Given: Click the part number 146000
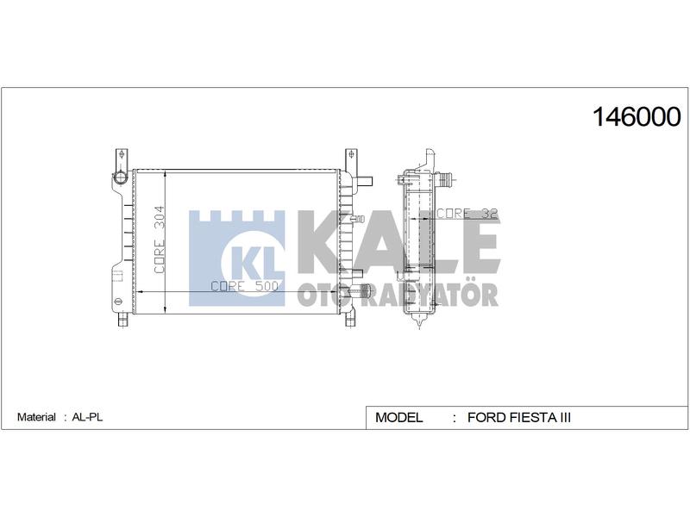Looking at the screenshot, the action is [637, 117].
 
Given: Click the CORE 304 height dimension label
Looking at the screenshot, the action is [160, 240].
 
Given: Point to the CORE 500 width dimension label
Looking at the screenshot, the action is [245, 286].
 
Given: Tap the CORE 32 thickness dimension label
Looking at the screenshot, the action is [467, 213].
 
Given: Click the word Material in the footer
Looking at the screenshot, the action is [36, 417].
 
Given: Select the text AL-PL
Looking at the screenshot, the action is [87, 417].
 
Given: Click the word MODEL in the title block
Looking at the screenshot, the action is [398, 417].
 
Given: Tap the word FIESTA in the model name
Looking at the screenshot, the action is [533, 417].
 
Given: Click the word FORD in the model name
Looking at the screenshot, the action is [487, 417].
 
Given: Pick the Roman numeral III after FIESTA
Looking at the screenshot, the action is [565, 417].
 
